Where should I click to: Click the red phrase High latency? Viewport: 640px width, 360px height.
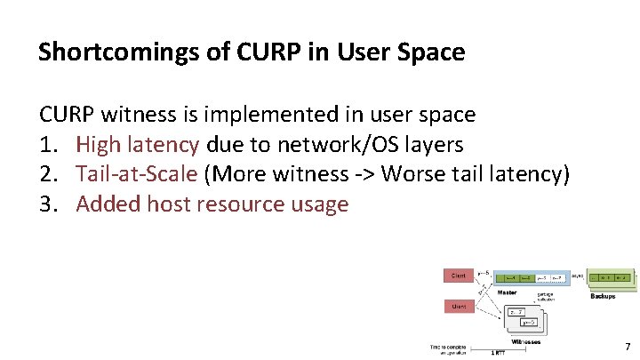pos(138,144)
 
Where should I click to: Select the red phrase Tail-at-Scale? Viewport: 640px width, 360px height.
pos(137,174)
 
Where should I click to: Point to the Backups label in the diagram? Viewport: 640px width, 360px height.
pos(603,296)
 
